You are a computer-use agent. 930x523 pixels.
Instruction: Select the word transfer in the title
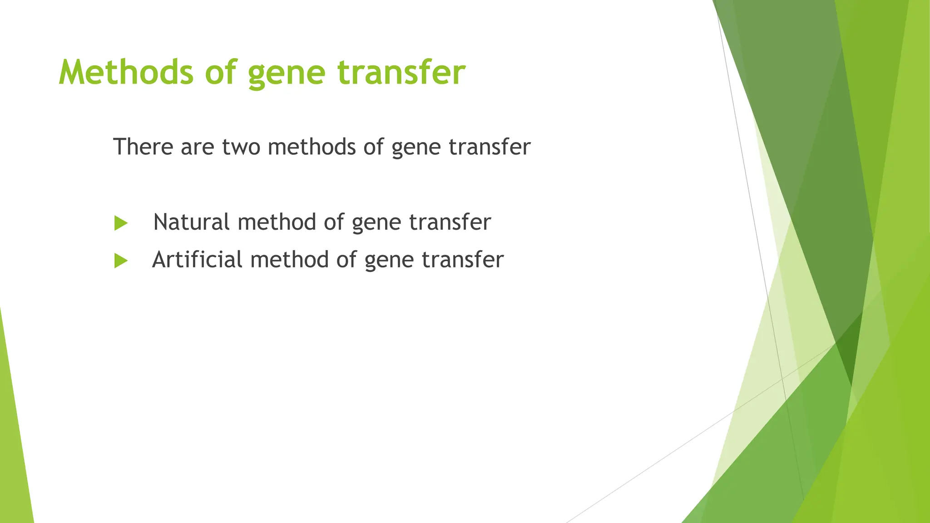point(401,73)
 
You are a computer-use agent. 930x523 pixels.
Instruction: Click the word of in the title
point(221,73)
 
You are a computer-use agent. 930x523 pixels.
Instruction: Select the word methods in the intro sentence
point(312,147)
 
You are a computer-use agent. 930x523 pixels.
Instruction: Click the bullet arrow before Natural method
point(121,223)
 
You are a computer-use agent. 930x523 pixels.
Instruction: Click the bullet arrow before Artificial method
point(121,261)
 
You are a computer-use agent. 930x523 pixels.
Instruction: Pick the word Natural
point(191,222)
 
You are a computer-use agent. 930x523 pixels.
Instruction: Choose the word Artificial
point(197,260)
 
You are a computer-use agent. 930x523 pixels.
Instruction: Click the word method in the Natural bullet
point(277,222)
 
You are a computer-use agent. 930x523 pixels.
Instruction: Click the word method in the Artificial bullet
point(289,260)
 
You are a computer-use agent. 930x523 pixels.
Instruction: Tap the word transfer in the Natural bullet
point(450,222)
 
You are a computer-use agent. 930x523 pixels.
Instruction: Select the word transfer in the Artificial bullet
point(462,260)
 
